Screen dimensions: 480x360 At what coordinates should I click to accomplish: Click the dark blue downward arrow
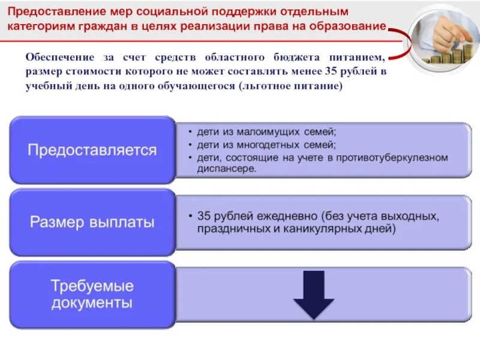313,295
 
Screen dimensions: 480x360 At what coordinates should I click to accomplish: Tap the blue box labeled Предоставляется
92,149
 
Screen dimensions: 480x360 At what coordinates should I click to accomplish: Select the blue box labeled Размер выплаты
92,222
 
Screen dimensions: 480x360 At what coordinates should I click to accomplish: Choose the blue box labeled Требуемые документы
92,294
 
